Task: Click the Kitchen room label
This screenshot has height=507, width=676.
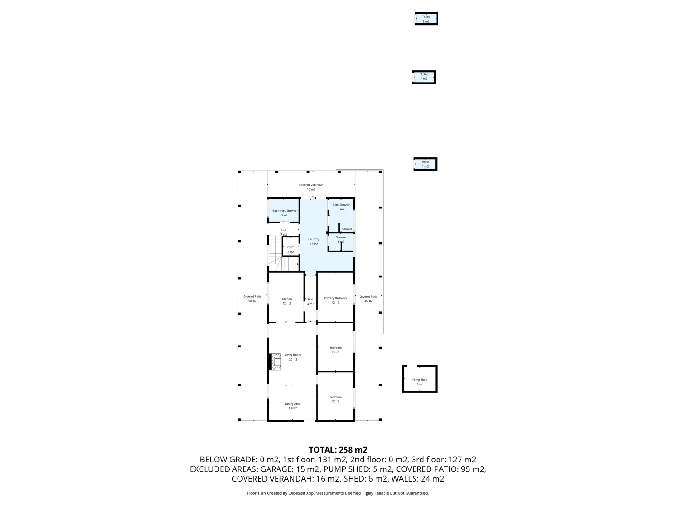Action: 286,301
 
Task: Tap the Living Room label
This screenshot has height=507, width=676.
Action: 292,357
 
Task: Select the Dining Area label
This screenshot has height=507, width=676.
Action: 292,406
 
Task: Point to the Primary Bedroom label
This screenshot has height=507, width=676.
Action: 335,300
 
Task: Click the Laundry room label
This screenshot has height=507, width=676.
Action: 314,241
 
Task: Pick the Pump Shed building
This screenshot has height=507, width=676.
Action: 420,379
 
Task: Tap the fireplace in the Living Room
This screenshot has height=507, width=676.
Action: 275,362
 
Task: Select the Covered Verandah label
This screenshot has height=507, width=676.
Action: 311,187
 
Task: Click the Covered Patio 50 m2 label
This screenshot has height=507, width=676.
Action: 252,299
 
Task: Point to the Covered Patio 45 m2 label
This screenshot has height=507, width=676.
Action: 368,299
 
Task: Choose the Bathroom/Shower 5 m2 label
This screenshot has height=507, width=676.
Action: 284,213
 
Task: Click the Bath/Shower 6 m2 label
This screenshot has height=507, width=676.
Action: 341,207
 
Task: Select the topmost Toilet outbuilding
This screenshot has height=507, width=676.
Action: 426,19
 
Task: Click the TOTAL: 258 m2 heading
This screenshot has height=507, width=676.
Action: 338,450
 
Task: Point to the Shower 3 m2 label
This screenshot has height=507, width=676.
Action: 340,239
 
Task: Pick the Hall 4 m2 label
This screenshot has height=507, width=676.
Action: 310,301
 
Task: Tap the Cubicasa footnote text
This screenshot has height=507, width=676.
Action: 338,493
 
